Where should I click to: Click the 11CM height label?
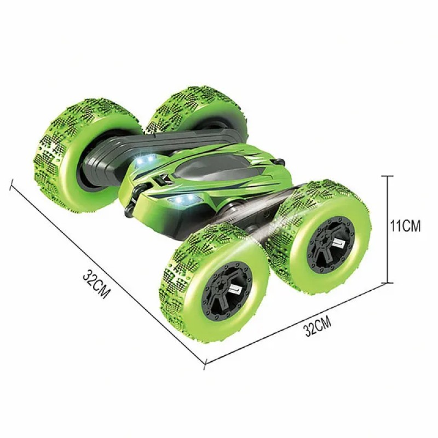pyautogui.click(x=405, y=226)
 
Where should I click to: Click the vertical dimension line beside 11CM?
pyautogui.click(x=388, y=229)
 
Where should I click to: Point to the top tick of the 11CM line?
pyautogui.click(x=388, y=176)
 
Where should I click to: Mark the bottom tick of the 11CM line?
pyautogui.click(x=388, y=283)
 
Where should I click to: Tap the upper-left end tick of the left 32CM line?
pyautogui.click(x=11, y=184)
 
